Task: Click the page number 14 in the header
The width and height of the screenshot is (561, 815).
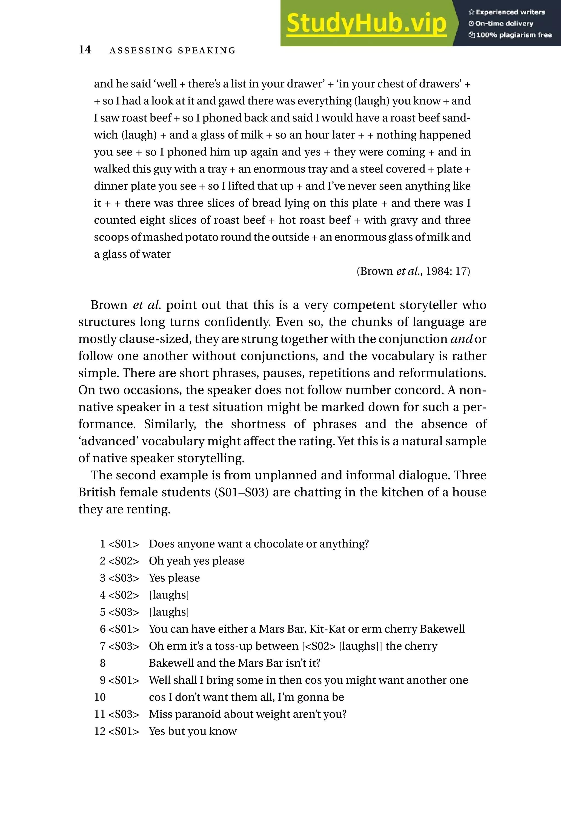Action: [x=85, y=50]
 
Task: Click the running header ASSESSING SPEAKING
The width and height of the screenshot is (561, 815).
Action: [x=172, y=51]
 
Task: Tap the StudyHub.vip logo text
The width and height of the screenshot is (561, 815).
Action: [x=366, y=23]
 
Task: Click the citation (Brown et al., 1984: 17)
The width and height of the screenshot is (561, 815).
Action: [x=413, y=271]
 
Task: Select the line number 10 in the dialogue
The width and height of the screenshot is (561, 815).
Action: [x=100, y=697]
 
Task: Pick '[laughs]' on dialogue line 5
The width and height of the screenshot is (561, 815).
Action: [x=169, y=612]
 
